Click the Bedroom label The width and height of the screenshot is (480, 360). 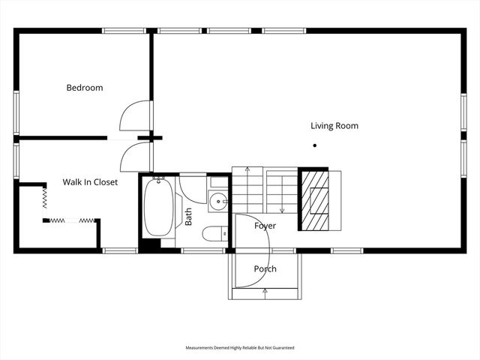click(85, 88)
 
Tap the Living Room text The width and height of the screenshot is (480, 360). click(334, 126)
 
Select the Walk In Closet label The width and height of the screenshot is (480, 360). click(90, 182)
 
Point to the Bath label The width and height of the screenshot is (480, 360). click(188, 217)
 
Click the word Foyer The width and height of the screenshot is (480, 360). click(265, 226)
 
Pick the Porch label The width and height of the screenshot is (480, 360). click(265, 268)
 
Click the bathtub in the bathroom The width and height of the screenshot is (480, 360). click(158, 206)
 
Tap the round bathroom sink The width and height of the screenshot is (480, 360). click(217, 200)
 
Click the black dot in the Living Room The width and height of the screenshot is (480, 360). click(315, 145)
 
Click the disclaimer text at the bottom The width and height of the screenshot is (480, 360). click(240, 348)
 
